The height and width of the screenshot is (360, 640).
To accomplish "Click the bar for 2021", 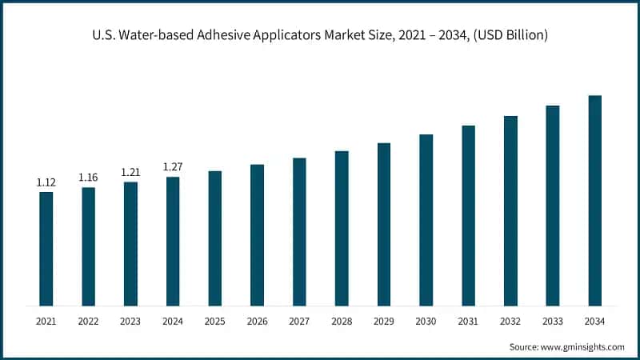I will point(46,249).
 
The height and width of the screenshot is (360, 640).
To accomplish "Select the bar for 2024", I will point(173,241).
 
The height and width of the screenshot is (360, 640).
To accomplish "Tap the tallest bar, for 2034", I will point(594,200).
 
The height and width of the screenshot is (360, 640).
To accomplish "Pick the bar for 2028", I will point(342,228).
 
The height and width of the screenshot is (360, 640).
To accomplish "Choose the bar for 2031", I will point(468,215).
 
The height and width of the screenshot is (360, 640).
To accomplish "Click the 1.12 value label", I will point(46,183).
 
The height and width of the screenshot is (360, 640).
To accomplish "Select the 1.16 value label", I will point(88,177).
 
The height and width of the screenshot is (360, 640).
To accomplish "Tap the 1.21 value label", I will point(130,172).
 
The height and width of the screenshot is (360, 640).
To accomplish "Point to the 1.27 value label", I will point(173,166).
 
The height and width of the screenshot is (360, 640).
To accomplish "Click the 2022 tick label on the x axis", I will point(88,321).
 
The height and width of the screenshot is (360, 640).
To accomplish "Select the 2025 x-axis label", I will point(215,321).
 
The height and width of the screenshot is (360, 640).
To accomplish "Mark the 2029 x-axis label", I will point(384,321).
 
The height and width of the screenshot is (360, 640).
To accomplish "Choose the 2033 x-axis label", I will point(553,321).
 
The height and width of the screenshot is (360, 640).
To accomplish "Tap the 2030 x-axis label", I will point(426,321).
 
